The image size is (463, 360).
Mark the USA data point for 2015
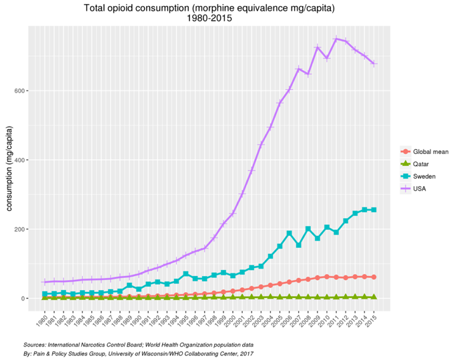(x=374, y=64)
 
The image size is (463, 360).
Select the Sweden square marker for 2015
(x=374, y=209)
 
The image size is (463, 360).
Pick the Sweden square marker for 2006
(x=289, y=233)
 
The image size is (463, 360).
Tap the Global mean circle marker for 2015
(x=374, y=277)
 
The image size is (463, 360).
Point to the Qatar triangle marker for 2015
(x=374, y=297)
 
